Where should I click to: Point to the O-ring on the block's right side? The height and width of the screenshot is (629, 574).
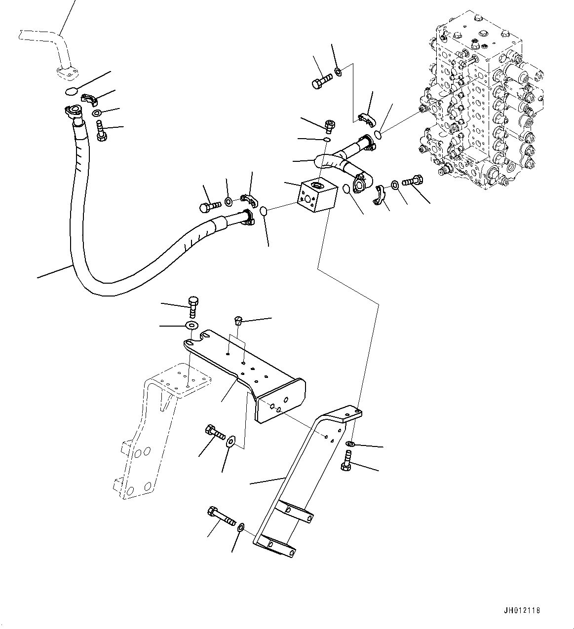point(347,189)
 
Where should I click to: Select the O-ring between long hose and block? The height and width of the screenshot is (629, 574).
point(265,211)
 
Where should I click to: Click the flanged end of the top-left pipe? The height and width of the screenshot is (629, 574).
point(66,73)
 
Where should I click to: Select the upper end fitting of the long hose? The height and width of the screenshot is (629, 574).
point(73,113)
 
